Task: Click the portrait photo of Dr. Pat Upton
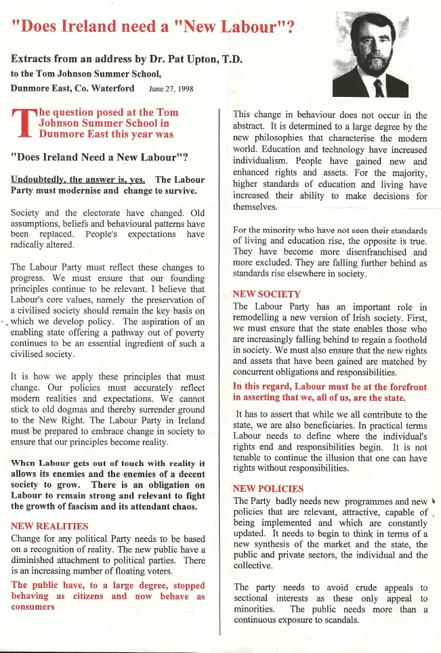(x=370, y=57)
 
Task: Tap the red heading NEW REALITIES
(x=49, y=526)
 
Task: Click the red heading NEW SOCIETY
(x=266, y=294)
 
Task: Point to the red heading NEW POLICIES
(x=268, y=488)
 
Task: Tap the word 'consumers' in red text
(x=33, y=607)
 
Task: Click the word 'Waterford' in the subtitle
(x=116, y=89)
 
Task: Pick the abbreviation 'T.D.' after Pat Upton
(x=232, y=59)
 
